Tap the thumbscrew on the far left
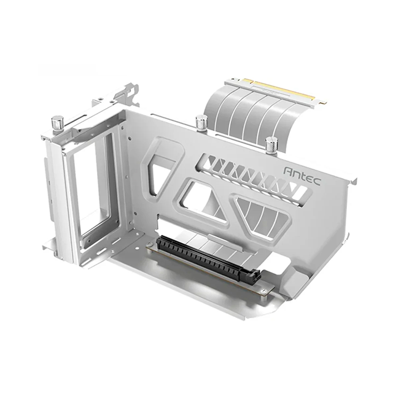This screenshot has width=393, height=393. (x=58, y=122)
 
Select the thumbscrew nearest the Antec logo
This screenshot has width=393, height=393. (x=271, y=145)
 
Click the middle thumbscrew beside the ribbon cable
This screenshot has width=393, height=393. (x=201, y=122)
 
